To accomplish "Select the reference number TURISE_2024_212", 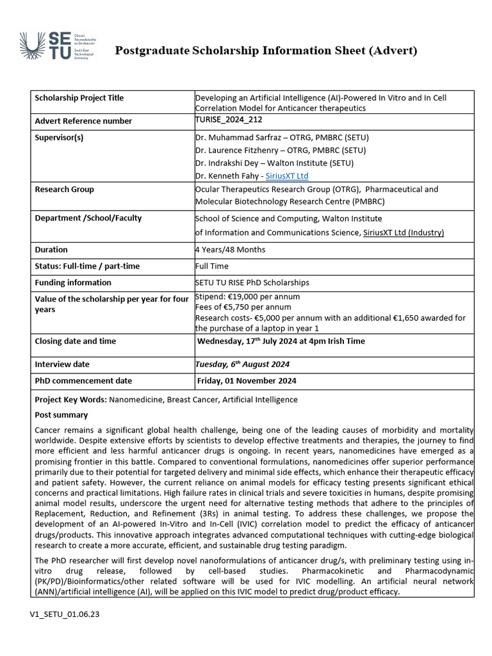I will (x=229, y=120).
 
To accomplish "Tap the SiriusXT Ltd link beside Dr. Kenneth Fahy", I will (x=287, y=176).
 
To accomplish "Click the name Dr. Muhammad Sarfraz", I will (x=242, y=137).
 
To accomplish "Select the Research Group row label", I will (x=64, y=190).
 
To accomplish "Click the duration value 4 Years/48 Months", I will (x=230, y=250).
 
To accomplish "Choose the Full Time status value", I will (x=212, y=266).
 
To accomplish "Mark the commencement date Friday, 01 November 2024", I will (x=247, y=381).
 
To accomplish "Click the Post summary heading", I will (x=61, y=415).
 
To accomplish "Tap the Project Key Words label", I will (x=70, y=400).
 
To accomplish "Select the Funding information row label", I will (x=72, y=283).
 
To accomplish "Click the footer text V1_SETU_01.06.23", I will (x=64, y=614).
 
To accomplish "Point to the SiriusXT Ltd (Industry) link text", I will (x=403, y=233).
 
